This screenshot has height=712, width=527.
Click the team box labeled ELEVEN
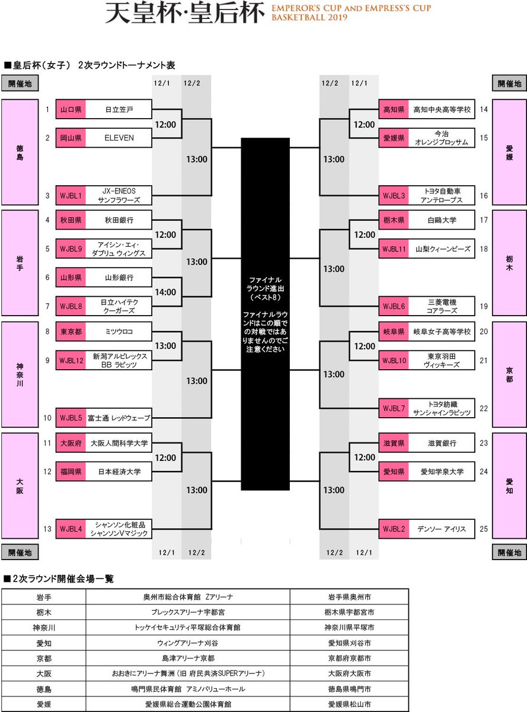click(119, 138)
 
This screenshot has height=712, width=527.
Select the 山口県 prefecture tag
click(71, 110)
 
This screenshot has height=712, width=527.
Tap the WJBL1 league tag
click(71, 195)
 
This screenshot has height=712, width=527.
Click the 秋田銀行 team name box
click(119, 220)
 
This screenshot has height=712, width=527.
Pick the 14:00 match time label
click(166, 292)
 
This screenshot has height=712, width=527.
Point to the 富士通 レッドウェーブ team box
click(119, 417)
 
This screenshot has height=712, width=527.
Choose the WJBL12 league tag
click(71, 360)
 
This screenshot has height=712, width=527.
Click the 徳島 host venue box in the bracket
click(20, 152)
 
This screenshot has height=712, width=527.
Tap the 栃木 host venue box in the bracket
click(509, 263)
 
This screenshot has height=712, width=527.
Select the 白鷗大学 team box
click(442, 220)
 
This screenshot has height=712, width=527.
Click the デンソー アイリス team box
click(442, 529)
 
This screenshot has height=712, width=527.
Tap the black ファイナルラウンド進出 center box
click(265, 314)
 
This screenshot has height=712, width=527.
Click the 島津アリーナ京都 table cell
click(188, 658)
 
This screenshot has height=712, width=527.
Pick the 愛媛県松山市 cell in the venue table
click(349, 704)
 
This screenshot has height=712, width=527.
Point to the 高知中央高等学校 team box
click(442, 110)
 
